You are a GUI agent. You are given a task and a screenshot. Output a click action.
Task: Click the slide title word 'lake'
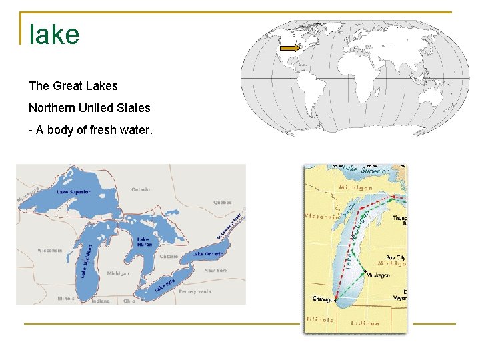(x=54, y=35)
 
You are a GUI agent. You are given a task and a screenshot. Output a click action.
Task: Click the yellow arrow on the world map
(x=290, y=48)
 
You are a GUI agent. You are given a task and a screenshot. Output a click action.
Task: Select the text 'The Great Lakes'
(x=73, y=86)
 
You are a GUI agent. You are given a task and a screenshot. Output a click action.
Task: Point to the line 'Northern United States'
(x=89, y=108)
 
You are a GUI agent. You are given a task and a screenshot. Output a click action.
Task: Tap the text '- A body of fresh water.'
(x=90, y=130)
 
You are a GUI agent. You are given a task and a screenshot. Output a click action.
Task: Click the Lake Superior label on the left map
(x=73, y=192)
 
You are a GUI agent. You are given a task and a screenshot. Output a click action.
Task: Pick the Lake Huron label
(x=144, y=241)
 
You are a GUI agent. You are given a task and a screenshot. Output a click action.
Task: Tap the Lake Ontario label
(x=207, y=254)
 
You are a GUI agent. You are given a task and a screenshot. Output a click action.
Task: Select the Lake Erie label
(x=165, y=285)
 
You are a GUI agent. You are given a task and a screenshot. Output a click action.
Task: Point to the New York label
(x=215, y=271)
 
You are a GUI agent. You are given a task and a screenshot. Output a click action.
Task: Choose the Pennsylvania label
(x=194, y=291)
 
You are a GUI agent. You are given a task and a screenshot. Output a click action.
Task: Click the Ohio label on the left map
(x=129, y=301)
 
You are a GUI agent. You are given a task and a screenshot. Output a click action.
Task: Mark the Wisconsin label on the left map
(x=49, y=251)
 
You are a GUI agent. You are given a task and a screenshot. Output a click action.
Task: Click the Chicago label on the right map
(x=323, y=299)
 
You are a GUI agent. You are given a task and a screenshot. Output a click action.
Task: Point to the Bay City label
(x=395, y=257)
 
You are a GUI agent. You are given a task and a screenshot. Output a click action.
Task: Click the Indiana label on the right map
(x=365, y=323)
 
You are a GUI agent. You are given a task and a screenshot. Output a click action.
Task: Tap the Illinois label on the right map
(x=320, y=319)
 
